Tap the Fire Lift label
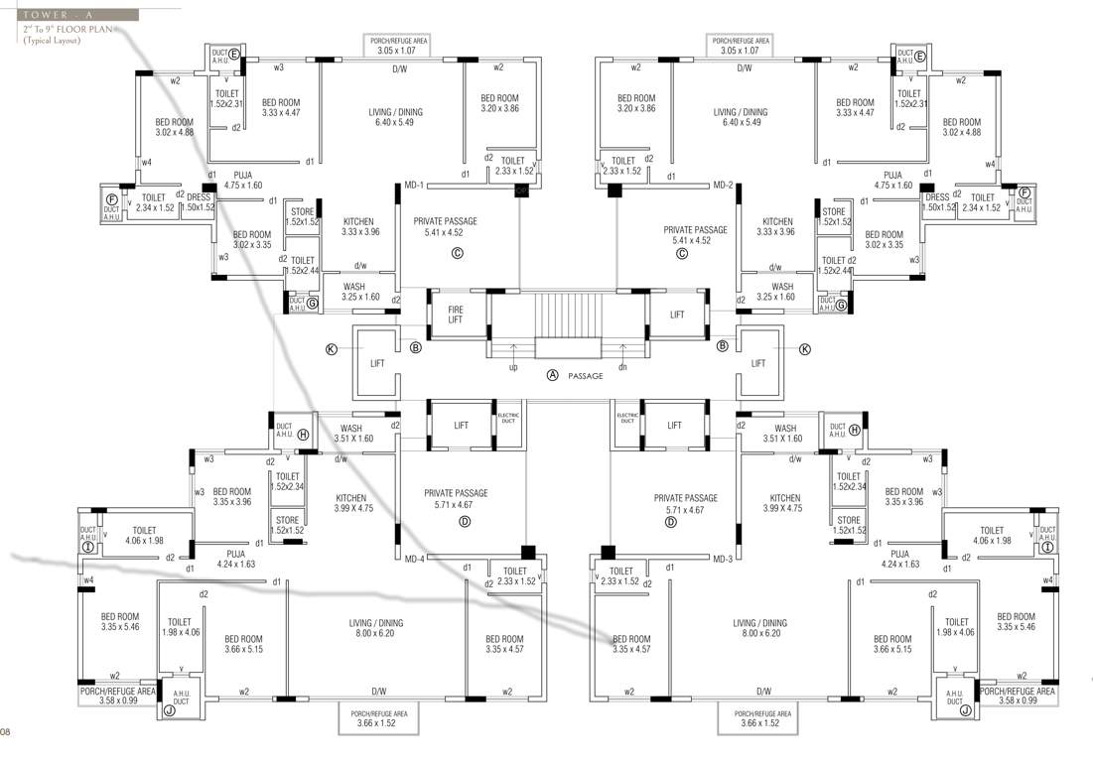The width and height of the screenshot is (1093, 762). point(455,315)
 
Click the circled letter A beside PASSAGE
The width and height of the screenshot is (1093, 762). point(553,376)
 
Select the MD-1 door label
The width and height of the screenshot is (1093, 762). point(415,186)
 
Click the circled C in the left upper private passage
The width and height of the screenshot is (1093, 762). point(458,253)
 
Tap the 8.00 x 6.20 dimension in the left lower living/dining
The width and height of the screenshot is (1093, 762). point(376,633)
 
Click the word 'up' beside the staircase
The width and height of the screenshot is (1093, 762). point(513,366)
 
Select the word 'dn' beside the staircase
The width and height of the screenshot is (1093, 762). point(622,366)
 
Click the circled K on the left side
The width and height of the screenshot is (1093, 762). point(332,349)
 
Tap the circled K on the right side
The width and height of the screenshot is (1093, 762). point(805,349)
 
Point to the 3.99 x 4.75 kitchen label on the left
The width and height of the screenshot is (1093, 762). point(353,508)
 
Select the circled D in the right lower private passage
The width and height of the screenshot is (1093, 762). point(670,521)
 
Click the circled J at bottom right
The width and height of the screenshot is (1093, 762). point(966,709)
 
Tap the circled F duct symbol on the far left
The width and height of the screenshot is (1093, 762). point(112,199)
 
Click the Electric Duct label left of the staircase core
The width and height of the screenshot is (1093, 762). point(508,416)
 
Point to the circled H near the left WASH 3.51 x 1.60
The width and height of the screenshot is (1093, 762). point(304,434)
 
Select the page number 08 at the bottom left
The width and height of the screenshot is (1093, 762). point(6,733)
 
